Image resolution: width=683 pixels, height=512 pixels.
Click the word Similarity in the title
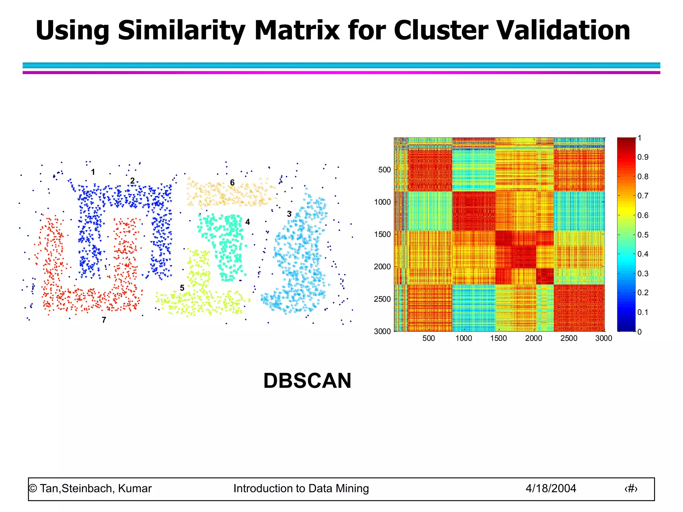(x=181, y=31)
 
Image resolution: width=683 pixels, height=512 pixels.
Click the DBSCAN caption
(x=307, y=381)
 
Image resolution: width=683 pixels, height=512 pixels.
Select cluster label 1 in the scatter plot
(x=93, y=172)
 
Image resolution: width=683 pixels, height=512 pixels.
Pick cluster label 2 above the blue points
(x=132, y=181)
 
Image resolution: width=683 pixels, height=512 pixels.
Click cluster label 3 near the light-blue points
(x=289, y=214)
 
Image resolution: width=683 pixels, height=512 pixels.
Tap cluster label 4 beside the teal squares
(x=247, y=222)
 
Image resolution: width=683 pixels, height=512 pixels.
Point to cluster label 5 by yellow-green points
(x=182, y=288)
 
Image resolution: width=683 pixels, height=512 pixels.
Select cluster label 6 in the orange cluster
(x=232, y=183)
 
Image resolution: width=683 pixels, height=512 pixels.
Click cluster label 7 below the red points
(x=104, y=320)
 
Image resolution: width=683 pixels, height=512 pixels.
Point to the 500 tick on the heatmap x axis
(x=429, y=338)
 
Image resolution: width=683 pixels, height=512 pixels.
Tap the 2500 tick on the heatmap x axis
(x=569, y=338)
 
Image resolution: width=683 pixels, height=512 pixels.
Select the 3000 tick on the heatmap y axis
(x=382, y=331)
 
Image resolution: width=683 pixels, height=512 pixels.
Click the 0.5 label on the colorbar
(x=643, y=235)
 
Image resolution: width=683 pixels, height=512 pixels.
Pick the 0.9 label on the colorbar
(x=643, y=157)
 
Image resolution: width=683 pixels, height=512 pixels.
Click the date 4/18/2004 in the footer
(x=551, y=488)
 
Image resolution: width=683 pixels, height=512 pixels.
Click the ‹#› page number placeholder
(x=631, y=489)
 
